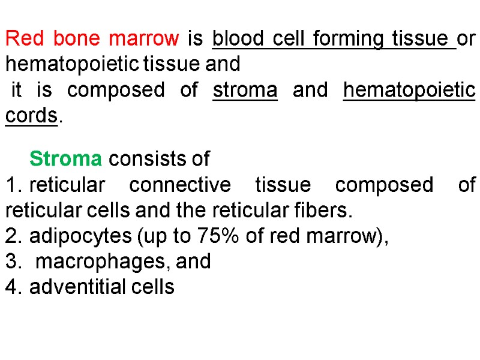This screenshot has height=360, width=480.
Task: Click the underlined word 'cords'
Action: [31, 116]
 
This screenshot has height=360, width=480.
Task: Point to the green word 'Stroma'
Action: [65, 159]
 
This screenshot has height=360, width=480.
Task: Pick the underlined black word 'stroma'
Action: [245, 90]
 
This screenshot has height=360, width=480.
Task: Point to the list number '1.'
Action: [14, 185]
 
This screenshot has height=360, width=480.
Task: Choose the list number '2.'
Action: [14, 236]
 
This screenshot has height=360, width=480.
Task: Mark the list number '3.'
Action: [14, 262]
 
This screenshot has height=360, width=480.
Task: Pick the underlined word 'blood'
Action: [239, 39]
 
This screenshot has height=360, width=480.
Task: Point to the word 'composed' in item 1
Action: [384, 185]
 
